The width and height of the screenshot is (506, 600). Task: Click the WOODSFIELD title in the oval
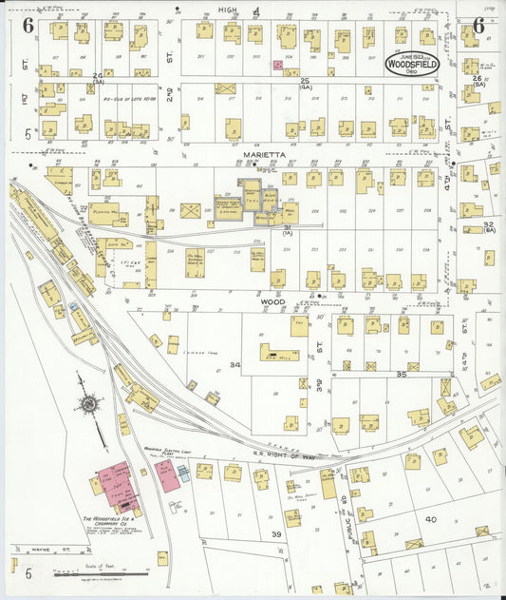tap(411, 68)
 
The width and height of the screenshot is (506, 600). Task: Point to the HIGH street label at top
tap(227, 9)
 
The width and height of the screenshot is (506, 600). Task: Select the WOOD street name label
tap(272, 301)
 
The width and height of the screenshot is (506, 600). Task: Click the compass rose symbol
tap(88, 405)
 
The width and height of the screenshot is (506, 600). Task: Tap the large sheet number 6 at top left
tap(28, 26)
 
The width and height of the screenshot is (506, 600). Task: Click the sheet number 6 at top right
tap(478, 26)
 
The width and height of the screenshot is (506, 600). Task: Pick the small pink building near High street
tap(277, 66)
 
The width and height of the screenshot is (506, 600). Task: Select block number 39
tap(276, 534)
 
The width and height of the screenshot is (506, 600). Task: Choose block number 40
tap(430, 519)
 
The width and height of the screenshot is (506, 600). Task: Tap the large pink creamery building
tap(114, 484)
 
